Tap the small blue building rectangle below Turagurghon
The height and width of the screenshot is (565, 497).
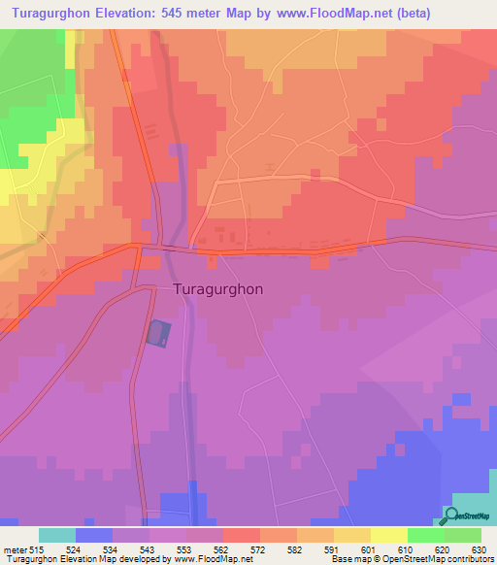tap(158, 334)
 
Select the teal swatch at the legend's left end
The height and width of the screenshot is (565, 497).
tap(56, 535)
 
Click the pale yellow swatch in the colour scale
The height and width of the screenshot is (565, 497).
tap(388, 535)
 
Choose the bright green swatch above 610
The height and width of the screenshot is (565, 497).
tap(425, 535)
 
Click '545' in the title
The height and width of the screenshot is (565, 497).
tap(193, 13)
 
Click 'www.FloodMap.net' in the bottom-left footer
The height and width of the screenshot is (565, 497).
tap(205, 559)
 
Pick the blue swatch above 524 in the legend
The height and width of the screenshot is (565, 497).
tap(93, 535)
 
